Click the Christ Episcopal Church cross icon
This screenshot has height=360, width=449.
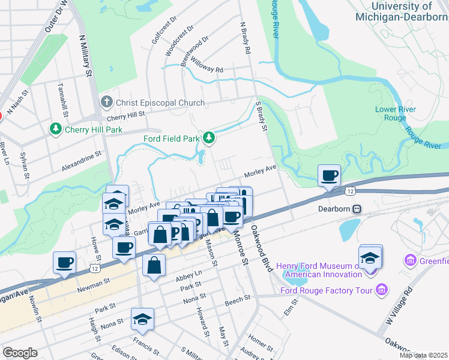pos(107,102)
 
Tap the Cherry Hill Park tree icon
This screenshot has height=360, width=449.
pos(55,129)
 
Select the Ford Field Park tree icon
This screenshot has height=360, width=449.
pos(209,139)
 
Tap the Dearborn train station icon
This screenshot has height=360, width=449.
pos(357,209)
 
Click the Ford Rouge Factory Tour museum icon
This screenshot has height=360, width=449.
pos(381,291)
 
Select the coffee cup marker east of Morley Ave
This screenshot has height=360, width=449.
pos(329,176)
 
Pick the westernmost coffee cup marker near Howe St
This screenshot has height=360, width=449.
pos(65,262)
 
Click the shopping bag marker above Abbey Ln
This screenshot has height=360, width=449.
pos(154,265)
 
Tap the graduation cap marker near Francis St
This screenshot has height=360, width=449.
pos(143,319)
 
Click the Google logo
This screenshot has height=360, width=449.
pos(20,353)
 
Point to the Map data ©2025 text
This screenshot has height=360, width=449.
pos(423,355)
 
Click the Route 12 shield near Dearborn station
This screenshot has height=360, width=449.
pos(349,191)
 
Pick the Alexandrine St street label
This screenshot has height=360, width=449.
pos(81,163)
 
